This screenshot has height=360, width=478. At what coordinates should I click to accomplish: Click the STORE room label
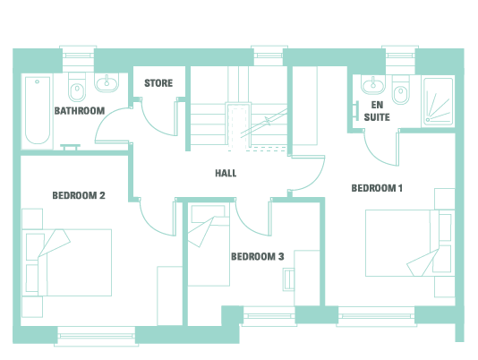158,83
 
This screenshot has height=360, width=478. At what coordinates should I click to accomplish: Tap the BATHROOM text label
80,110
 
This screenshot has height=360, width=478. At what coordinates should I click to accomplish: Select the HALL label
226,174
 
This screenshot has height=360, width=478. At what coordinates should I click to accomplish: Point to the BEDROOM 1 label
377,188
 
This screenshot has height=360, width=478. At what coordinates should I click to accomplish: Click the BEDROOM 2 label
79,195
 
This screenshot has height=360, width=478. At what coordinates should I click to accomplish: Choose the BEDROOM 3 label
257,257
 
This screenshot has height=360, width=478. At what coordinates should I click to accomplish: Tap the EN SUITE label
377,111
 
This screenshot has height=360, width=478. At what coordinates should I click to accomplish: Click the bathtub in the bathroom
38,110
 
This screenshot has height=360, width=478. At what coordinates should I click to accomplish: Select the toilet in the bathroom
77,87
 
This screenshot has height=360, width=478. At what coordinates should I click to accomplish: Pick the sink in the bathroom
107,82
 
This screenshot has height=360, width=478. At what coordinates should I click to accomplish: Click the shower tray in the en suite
438,102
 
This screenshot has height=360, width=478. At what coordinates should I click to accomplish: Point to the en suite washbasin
373,83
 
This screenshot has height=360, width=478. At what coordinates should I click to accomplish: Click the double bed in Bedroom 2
67,262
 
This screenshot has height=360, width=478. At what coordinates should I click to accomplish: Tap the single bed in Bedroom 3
209,245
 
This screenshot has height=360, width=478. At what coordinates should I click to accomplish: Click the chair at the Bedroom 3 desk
288,279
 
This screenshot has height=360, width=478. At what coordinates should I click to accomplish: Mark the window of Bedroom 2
97,336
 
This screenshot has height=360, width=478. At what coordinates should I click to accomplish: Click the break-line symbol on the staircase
268,121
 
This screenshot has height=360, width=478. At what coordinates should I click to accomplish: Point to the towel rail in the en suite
356,110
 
